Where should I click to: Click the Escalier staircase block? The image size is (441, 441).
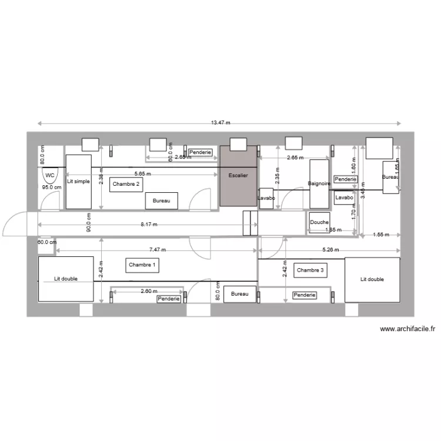239,176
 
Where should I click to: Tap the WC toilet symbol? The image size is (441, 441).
49,175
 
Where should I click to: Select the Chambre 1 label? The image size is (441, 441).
142,265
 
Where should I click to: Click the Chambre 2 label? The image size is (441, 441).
126,183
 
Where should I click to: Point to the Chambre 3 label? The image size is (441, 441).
310,270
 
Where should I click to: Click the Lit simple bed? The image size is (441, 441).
78,182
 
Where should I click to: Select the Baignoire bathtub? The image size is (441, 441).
318,183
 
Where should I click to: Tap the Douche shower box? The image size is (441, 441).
319,222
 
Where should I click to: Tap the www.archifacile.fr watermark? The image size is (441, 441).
407,329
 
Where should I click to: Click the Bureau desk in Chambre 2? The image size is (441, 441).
162,201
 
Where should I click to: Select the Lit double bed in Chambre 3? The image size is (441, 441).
372,279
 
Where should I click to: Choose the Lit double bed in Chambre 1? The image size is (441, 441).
65,279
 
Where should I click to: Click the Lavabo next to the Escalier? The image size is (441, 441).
266,199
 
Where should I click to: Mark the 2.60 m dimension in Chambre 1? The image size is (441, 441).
149,291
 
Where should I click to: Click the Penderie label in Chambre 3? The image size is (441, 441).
305,295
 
